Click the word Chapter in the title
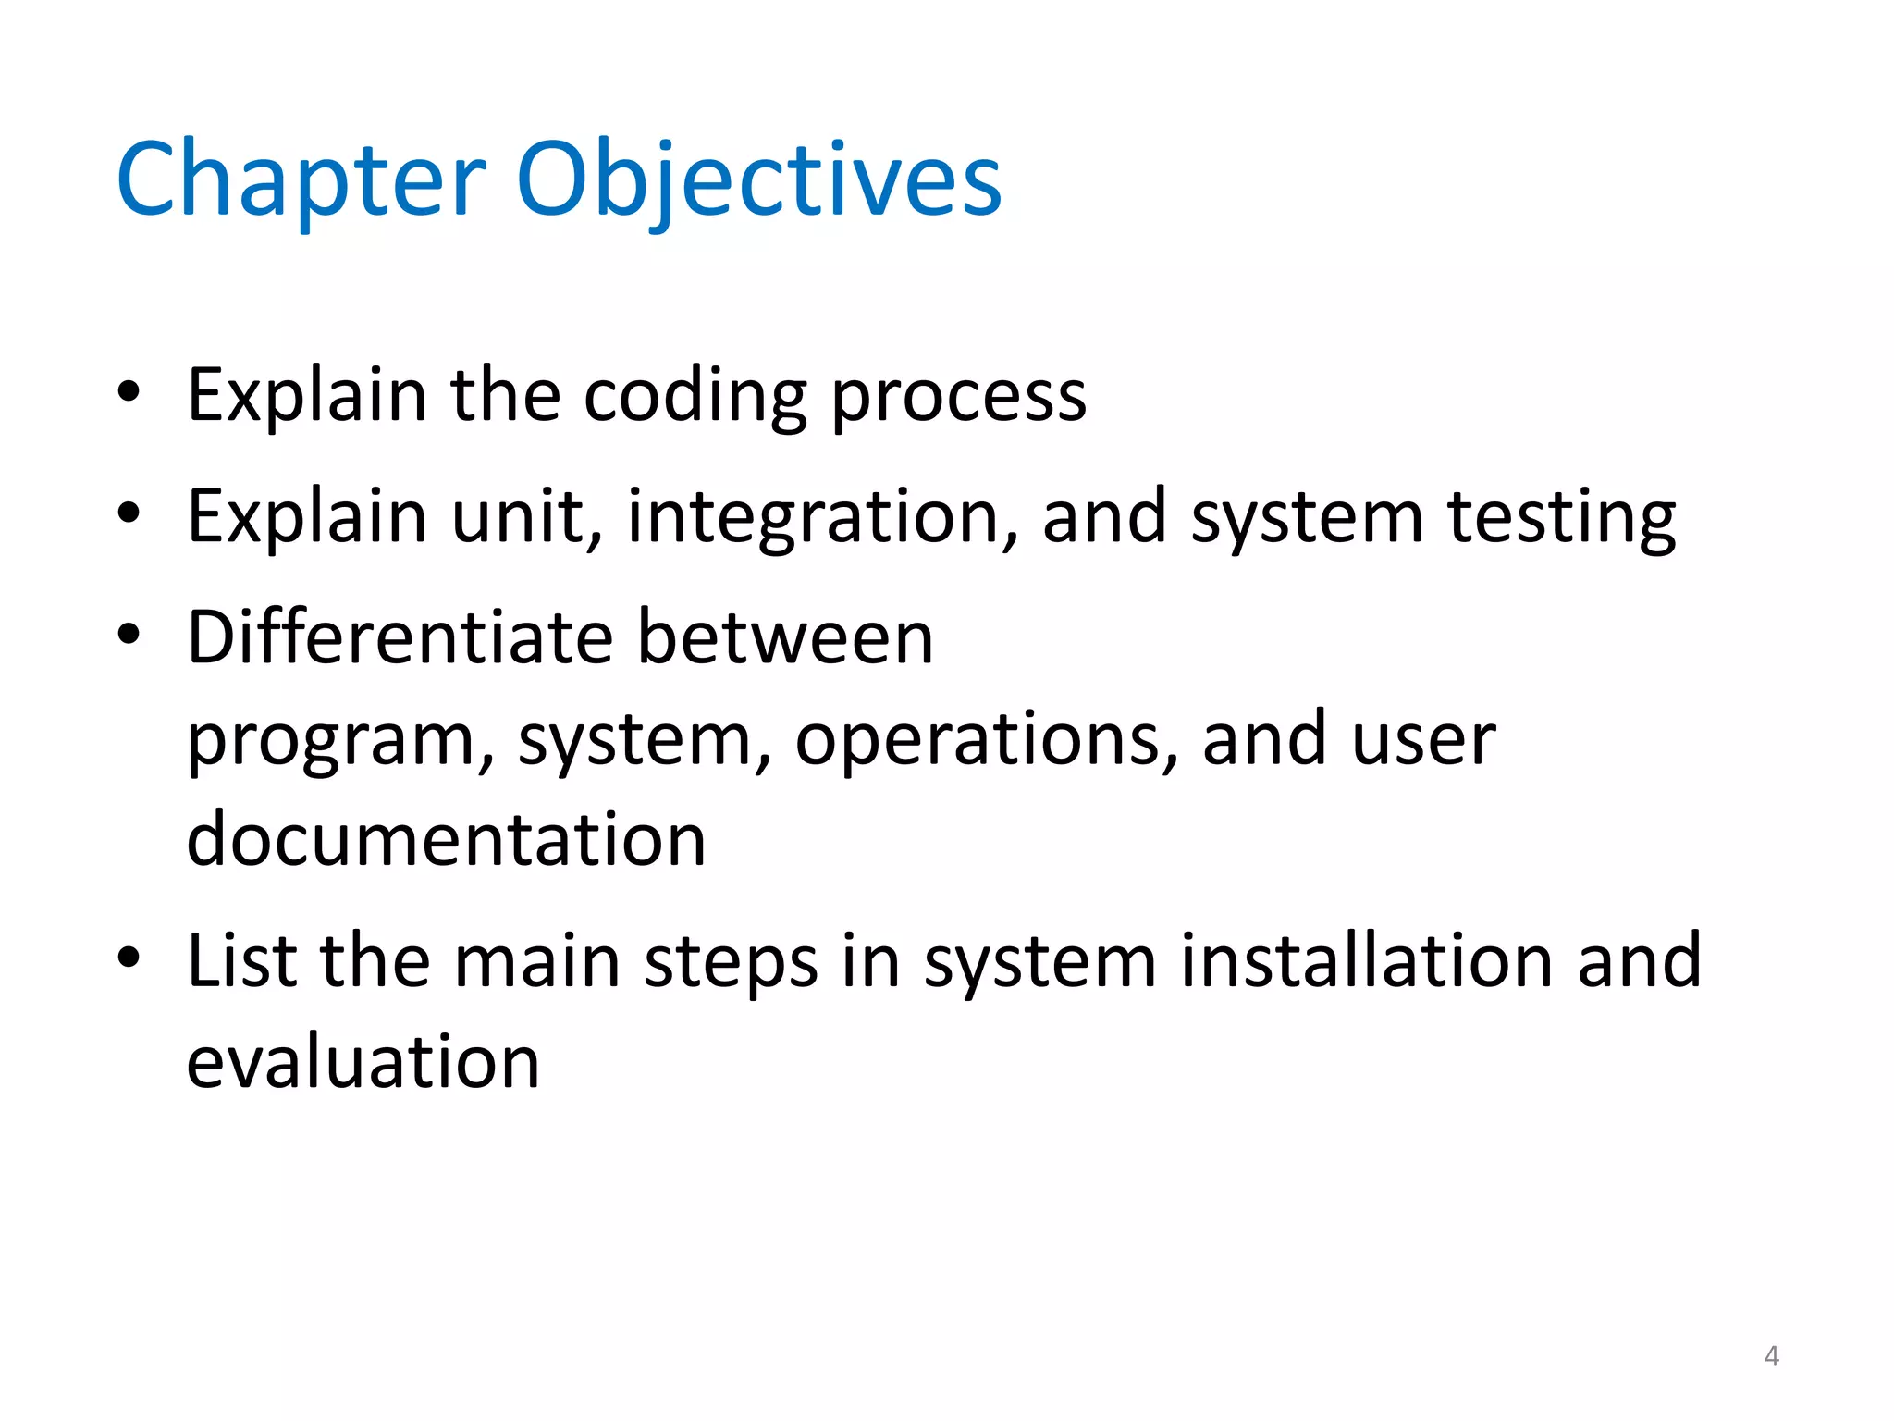(301, 180)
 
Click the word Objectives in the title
(758, 180)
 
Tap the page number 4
(1771, 1356)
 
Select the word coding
(695, 396)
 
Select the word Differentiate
(400, 637)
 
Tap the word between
(785, 637)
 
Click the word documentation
(447, 839)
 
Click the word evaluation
(363, 1061)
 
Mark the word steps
(731, 962)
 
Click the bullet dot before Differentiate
(129, 636)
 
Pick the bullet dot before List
(129, 958)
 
